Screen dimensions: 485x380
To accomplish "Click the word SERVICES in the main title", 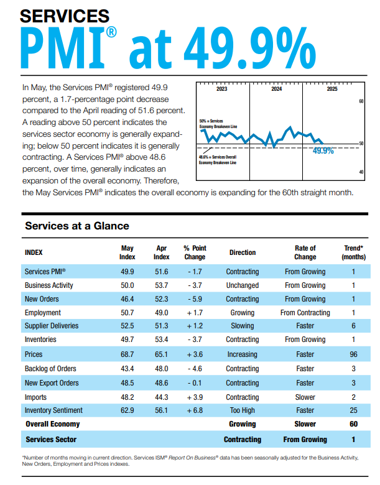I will coord(64,15).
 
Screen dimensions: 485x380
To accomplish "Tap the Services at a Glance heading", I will coord(76,226).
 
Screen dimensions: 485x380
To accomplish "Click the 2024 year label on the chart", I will coord(276,89).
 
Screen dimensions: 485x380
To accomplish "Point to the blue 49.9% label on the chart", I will coord(323,150).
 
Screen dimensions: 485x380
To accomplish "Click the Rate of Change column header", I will coord(305,252).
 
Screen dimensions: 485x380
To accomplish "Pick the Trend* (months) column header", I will coord(353,252).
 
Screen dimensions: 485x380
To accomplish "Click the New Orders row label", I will coord(42,299).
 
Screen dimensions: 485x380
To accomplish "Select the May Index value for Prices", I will coord(127,354).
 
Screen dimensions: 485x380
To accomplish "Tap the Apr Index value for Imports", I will coord(161,397).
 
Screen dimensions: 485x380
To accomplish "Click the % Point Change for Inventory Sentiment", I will coord(195,410).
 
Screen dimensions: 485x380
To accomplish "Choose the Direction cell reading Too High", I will coord(243,410).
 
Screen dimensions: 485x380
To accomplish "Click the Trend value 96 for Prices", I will coord(353,354).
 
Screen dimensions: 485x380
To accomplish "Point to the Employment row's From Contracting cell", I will coord(305,313).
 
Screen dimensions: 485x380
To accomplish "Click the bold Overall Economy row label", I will coord(52,424).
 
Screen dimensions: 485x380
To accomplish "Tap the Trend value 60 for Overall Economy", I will coord(353,424).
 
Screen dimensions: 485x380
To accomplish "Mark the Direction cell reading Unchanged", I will coord(243,285).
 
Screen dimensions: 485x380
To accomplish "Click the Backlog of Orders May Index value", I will coord(127,369).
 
